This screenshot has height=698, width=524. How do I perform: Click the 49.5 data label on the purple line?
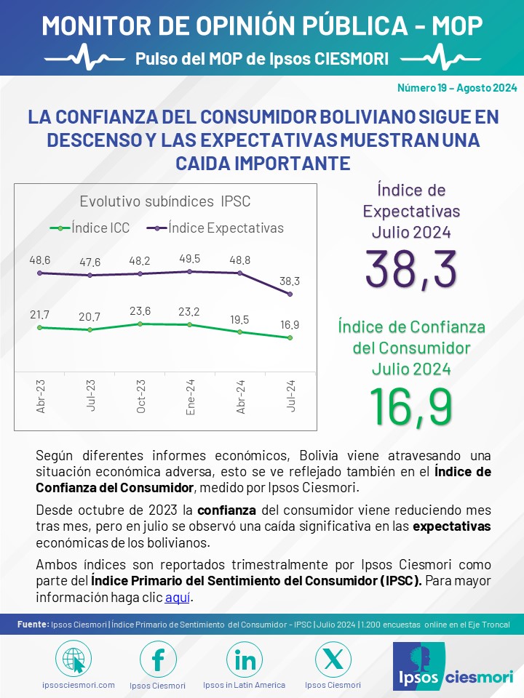click(x=189, y=259)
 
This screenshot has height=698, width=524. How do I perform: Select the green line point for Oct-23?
click(x=140, y=324)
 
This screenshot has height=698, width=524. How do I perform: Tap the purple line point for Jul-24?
click(x=290, y=294)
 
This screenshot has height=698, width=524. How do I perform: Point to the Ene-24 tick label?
click(x=190, y=397)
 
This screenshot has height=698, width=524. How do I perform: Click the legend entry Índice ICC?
click(x=90, y=228)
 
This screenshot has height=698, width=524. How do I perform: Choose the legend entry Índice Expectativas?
click(x=215, y=228)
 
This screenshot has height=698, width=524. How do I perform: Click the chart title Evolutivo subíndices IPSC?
click(x=165, y=201)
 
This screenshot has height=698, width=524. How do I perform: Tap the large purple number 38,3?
click(x=410, y=269)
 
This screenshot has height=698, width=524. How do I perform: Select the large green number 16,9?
click(x=410, y=407)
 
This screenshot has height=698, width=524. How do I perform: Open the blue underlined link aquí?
click(x=178, y=597)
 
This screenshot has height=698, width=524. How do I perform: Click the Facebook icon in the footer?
click(x=158, y=659)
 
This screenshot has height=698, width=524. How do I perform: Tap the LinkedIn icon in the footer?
click(x=245, y=659)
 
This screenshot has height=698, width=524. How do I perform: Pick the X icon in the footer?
click(x=333, y=659)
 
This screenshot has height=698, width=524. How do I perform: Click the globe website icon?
click(x=74, y=659)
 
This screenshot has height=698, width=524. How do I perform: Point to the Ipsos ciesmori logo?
click(x=453, y=667)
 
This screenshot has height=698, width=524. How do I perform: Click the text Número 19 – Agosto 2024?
click(x=457, y=88)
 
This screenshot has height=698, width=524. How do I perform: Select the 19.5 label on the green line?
click(x=239, y=320)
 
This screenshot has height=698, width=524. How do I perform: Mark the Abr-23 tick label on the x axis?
click(x=41, y=396)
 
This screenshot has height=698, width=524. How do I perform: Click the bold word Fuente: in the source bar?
click(x=33, y=624)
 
